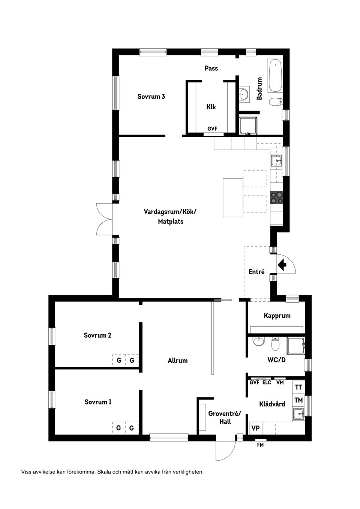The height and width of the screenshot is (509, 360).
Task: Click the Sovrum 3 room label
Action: pos(151,97)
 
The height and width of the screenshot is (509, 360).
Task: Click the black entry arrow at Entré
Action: pos(282,265)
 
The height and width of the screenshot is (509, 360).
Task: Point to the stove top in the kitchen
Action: pos(277,198)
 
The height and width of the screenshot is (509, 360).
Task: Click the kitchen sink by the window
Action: pos(277,160)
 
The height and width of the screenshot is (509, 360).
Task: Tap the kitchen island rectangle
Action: pos(233,198)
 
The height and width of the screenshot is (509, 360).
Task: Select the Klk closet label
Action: pos(211,107)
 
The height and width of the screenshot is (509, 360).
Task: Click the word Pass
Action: pos(211,68)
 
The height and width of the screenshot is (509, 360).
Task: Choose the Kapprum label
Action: pos(277,316)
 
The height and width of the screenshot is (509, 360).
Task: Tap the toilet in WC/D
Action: pos(276,343)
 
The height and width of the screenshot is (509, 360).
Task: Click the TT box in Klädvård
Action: pos(298,387)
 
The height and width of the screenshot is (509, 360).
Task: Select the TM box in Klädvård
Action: pos(298,400)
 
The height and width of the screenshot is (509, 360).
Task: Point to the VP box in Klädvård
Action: pos(256,428)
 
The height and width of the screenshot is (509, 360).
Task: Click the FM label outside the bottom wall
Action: pos(260,445)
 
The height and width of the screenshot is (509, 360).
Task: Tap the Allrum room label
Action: pos(177,361)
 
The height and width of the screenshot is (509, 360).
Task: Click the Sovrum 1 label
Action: pos(98,402)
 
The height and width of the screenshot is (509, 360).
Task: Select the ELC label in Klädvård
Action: pos(267,383)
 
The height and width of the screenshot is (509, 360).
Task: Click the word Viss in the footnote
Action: pos(27,472)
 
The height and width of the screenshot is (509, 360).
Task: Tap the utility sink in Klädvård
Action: pos(299,414)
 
